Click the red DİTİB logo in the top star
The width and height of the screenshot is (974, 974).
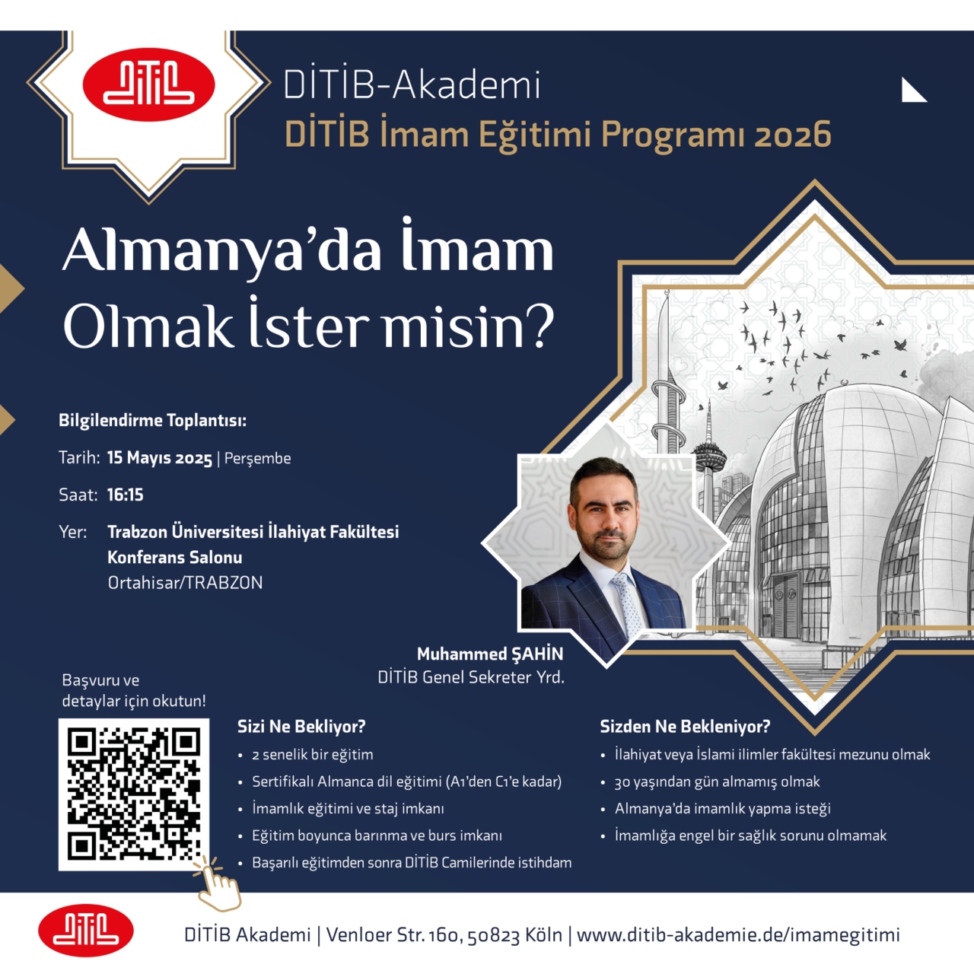[148, 84]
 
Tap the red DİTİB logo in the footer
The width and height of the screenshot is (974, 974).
[86, 930]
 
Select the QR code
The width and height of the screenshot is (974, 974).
[133, 794]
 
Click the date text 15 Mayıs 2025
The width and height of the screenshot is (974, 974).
[160, 458]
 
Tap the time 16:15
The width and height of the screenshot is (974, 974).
[126, 495]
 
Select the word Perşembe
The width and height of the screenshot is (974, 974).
[258, 458]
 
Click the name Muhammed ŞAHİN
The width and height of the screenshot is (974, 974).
[490, 654]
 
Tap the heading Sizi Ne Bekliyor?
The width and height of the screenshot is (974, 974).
[301, 727]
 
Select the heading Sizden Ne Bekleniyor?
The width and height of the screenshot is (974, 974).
[685, 727]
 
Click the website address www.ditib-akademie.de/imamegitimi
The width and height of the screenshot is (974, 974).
[738, 934]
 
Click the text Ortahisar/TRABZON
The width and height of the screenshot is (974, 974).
[185, 583]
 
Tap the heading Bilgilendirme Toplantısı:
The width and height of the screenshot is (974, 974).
[153, 420]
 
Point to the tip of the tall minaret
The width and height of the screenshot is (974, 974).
[667, 291]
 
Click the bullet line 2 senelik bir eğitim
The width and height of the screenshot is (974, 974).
[313, 755]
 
